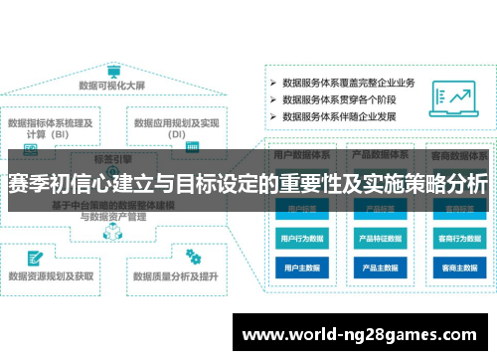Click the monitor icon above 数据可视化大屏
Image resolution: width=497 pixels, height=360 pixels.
[x=114, y=73]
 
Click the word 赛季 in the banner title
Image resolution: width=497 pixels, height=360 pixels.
[x=28, y=185]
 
